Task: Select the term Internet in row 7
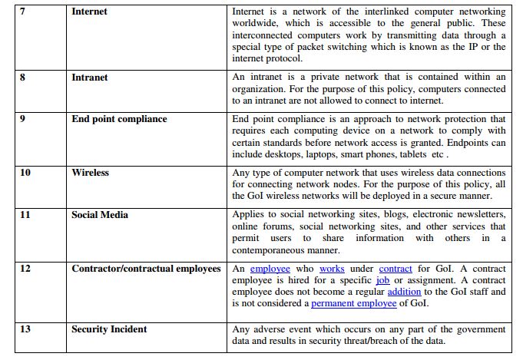[89, 12]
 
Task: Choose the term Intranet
[89, 78]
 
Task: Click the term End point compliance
[119, 119]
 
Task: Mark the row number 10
[25, 173]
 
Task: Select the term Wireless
[90, 173]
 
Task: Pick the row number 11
[25, 215]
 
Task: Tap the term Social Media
[100, 215]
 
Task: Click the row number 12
[25, 269]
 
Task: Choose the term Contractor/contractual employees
[146, 269]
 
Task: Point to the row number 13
[25, 329]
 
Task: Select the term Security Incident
[109, 329]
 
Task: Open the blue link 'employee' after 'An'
[270, 269]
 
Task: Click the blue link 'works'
[332, 269]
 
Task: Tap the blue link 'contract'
[396, 269]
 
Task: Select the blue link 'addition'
[404, 292]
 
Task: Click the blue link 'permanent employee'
[354, 303]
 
